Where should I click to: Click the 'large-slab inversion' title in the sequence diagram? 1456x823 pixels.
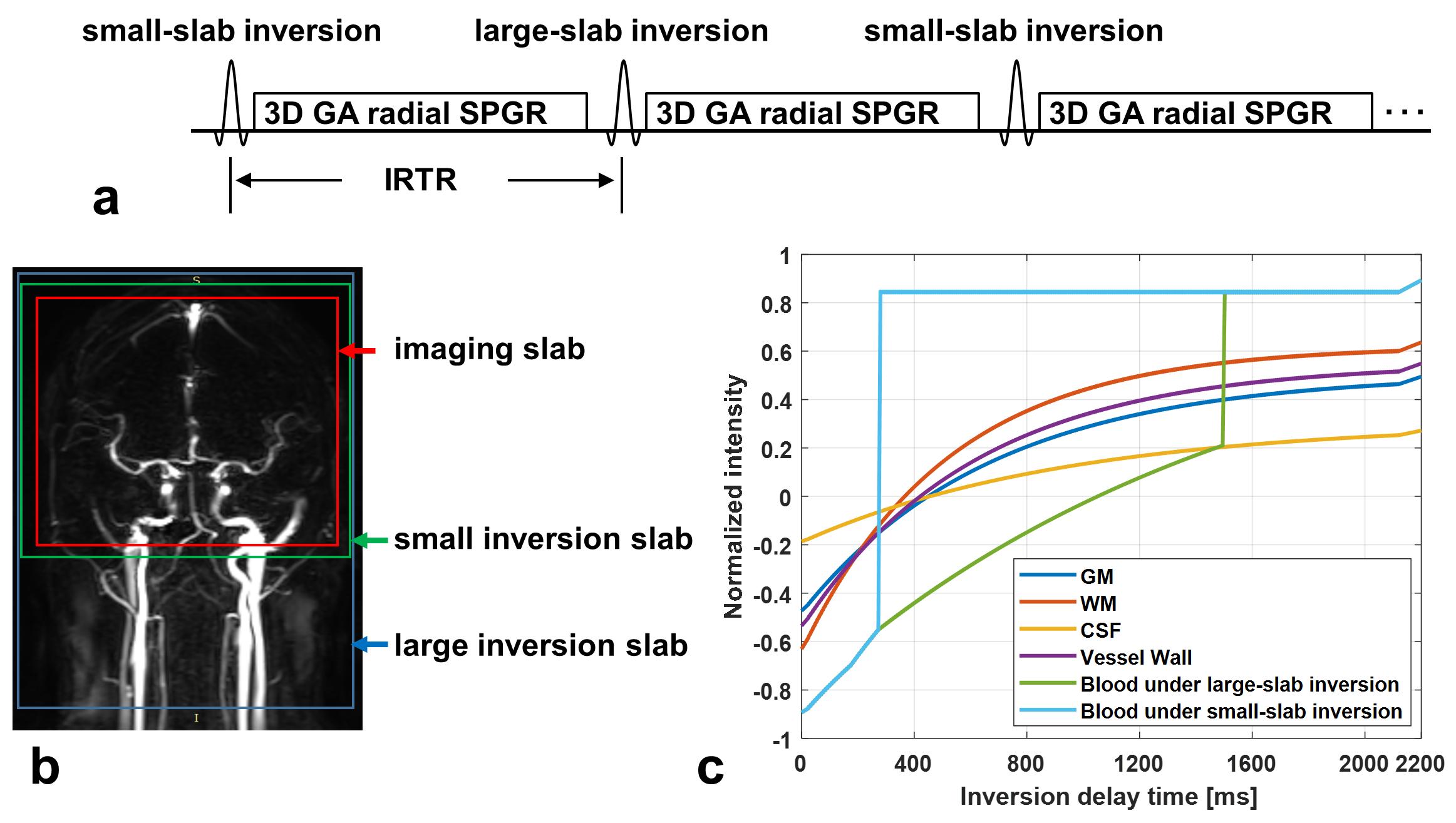click(x=621, y=31)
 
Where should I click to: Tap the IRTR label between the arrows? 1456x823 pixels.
click(x=420, y=180)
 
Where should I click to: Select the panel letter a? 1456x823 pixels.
click(x=106, y=200)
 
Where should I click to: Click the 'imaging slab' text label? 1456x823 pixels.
click(x=489, y=349)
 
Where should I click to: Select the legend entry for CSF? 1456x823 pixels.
click(x=1100, y=630)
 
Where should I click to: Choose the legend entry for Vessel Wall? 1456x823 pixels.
click(x=1136, y=657)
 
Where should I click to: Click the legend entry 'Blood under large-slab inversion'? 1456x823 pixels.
click(x=1239, y=684)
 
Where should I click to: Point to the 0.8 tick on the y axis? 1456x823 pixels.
click(x=776, y=305)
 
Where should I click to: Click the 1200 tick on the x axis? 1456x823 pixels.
click(x=1138, y=764)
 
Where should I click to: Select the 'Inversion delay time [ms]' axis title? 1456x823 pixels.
click(x=1108, y=797)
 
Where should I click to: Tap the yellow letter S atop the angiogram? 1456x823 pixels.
click(x=196, y=280)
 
